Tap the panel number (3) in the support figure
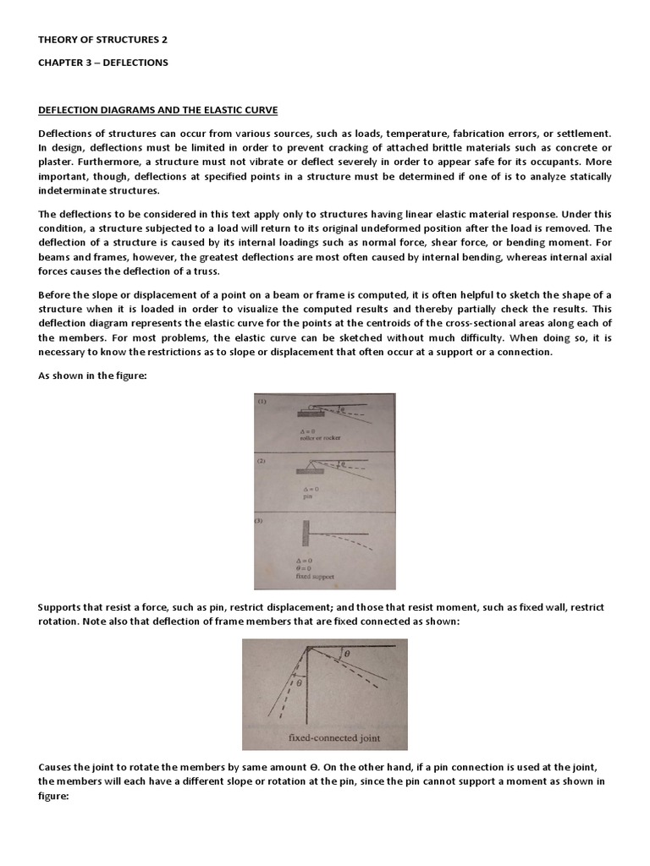point(261,520)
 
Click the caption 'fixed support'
point(305,578)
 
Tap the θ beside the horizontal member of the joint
point(347,654)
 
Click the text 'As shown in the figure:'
point(93,375)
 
